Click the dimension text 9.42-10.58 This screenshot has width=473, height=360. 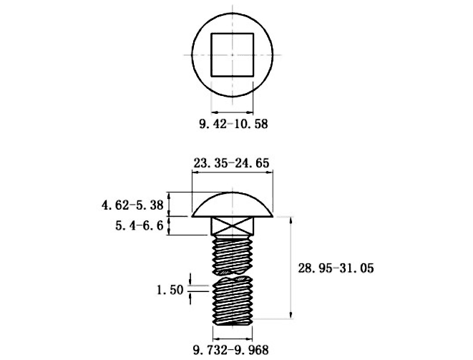point(233,124)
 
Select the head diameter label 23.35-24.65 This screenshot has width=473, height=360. point(231,163)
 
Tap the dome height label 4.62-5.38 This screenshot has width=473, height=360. point(132,205)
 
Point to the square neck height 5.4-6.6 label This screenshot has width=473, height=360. point(140,225)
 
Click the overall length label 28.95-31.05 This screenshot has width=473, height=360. point(336,268)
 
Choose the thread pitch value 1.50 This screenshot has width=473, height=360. point(170,290)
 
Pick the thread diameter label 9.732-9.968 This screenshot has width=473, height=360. point(230,350)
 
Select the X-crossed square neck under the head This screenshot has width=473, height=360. point(233,225)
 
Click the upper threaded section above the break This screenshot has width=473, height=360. point(233,255)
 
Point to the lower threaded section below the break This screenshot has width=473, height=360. point(233,301)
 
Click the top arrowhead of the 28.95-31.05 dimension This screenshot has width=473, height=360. point(291,220)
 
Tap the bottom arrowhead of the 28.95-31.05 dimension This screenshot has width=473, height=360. point(291,316)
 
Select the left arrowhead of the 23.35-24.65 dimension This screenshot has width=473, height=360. point(195,172)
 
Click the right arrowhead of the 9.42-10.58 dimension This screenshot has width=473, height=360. point(250,112)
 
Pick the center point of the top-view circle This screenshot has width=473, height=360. point(233,55)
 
